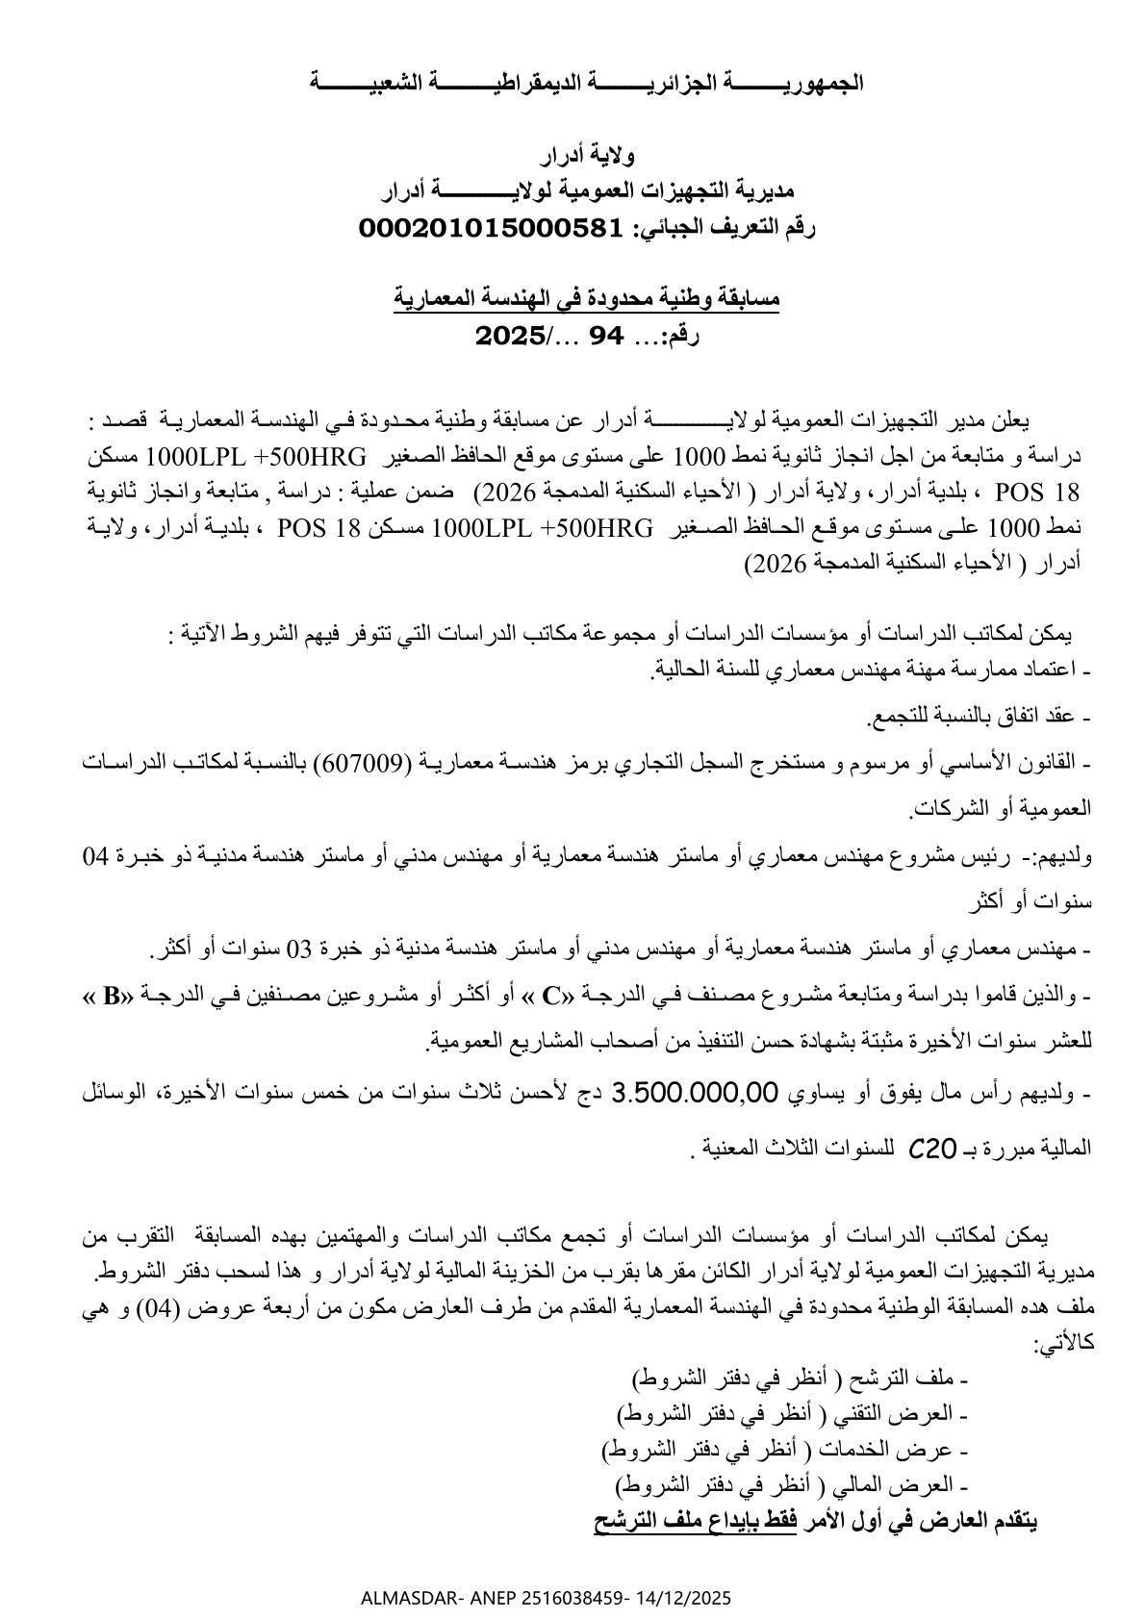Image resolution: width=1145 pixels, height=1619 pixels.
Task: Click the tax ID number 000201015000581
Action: [x=494, y=228]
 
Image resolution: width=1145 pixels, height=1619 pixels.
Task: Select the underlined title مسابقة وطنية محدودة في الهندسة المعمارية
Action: [x=587, y=298]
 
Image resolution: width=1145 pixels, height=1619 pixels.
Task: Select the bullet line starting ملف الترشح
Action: [x=800, y=1379]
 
